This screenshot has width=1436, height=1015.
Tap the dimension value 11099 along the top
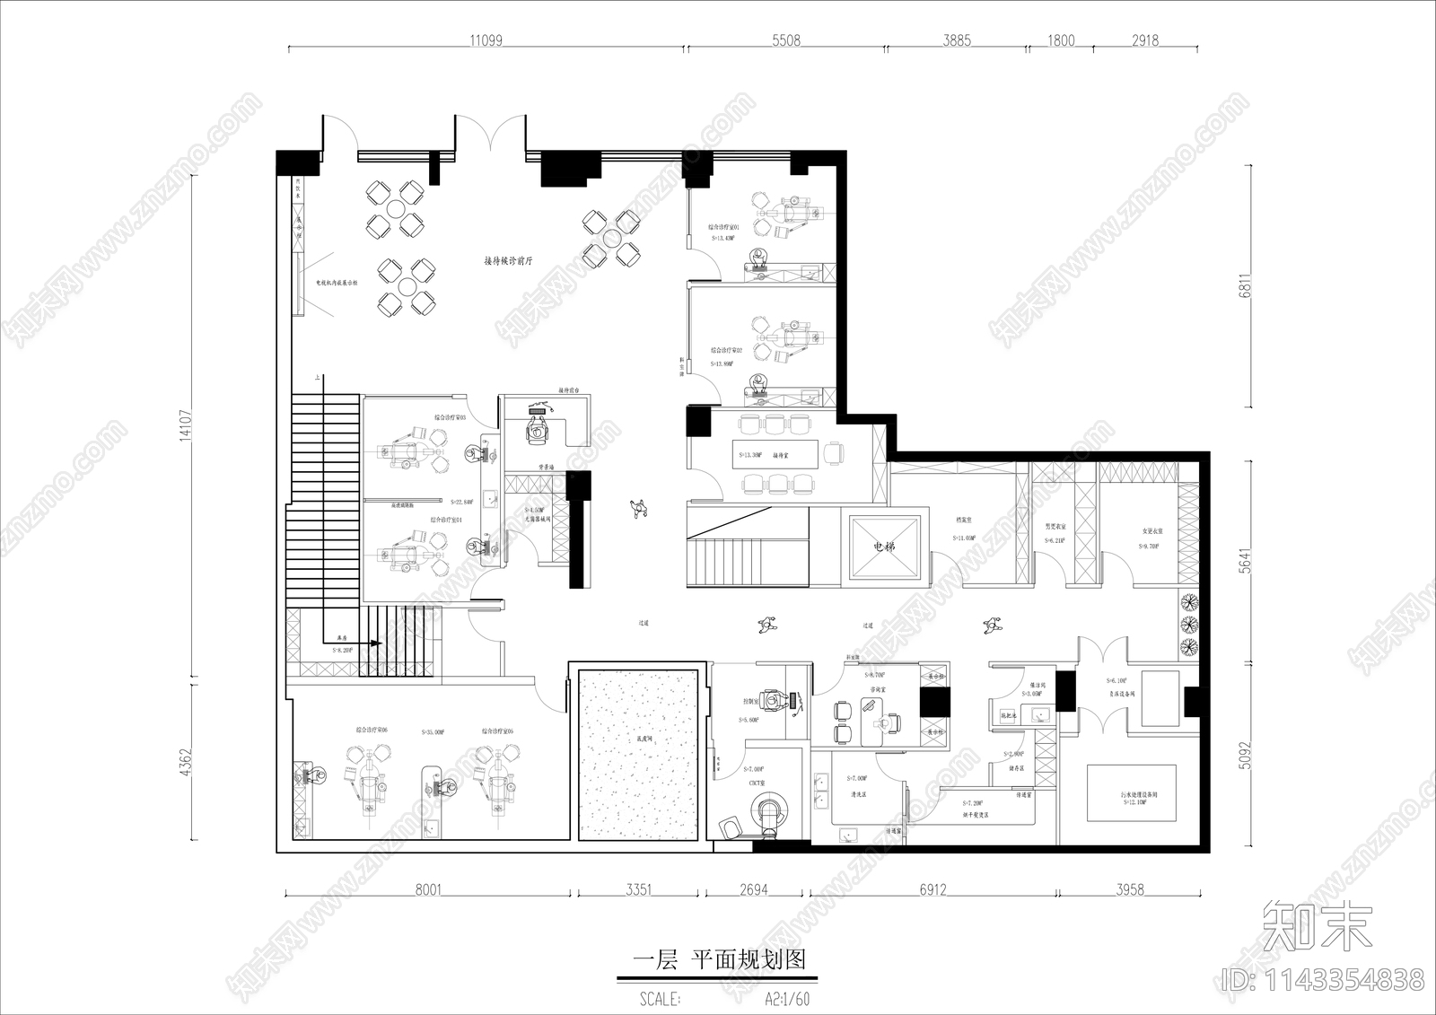pos(486,40)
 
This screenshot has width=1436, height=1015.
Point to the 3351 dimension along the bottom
pos(638,890)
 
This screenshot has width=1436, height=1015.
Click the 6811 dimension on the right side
pos(1245,285)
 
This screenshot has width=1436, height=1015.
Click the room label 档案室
pos(965,519)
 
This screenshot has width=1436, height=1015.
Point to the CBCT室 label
pos(756,783)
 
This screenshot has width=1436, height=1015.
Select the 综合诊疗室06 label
pos(371,731)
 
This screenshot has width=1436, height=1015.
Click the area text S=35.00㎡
pos(432,731)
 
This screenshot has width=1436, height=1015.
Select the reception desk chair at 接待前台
pos(538,429)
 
